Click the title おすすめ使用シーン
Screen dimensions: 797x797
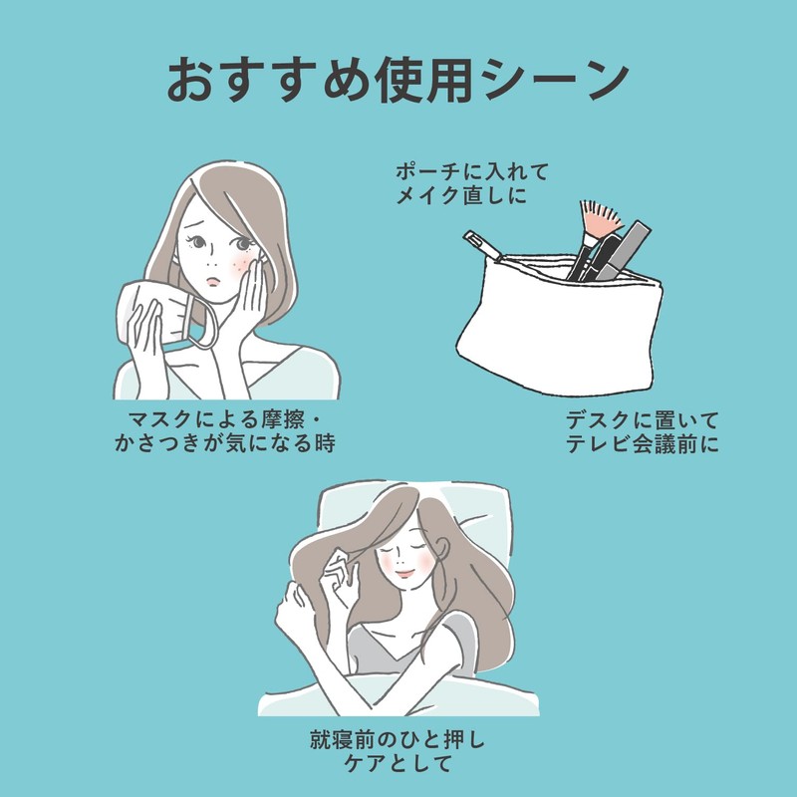tap(398, 80)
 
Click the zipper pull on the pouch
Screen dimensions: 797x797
tap(480, 243)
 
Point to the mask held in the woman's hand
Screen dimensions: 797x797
tap(152, 311)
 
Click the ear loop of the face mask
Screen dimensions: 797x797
tap(201, 320)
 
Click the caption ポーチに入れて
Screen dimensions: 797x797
tap(472, 171)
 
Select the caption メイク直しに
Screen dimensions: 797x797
tap(461, 195)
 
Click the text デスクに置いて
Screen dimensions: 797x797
tap(642, 420)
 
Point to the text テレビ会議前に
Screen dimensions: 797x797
tap(642, 444)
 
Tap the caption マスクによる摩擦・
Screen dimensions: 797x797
tap(225, 420)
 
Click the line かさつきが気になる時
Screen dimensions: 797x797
tap(225, 443)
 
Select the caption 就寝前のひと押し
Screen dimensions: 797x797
tap(398, 740)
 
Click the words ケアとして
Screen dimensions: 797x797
tap(398, 763)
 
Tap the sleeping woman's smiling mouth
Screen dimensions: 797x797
tap(404, 574)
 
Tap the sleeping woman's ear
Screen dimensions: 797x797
tap(441, 549)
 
